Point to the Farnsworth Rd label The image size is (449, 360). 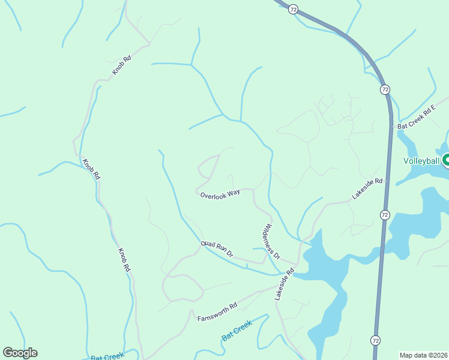coord(217,311)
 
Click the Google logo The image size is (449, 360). coord(20,353)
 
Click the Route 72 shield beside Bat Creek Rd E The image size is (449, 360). coord(385,89)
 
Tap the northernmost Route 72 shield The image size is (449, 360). coord(293,9)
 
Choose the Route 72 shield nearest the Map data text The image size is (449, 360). coord(375,340)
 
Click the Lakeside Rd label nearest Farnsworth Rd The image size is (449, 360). coord(284,284)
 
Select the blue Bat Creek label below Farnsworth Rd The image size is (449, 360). coord(237,329)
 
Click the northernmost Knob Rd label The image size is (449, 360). coord(122,65)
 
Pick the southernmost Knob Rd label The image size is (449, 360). coord(124,260)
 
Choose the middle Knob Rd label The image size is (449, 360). coord(91,169)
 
